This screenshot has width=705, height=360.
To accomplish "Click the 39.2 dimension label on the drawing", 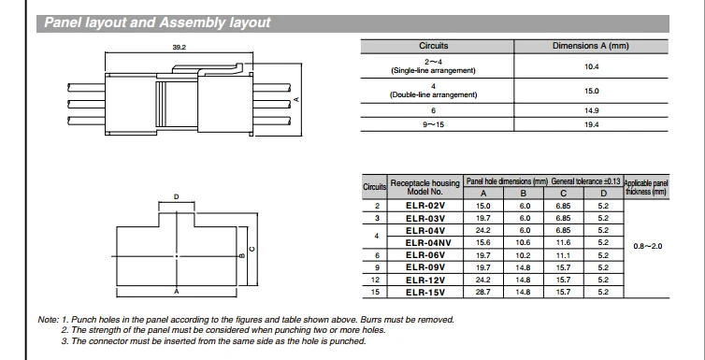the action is click(179, 47).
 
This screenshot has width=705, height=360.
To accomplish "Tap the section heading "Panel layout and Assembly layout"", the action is click(157, 23).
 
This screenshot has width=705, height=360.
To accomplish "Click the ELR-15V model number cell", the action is click(424, 292).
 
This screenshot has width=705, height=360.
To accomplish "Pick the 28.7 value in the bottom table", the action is click(483, 292).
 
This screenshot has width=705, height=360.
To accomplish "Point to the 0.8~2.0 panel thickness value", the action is click(647, 246).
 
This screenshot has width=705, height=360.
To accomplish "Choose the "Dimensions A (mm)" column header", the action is click(590, 46).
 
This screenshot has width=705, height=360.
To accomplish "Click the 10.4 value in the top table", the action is click(591, 66).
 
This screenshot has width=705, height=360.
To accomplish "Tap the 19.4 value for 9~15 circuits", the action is click(591, 125).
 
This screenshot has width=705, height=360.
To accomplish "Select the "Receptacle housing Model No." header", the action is click(424, 187).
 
